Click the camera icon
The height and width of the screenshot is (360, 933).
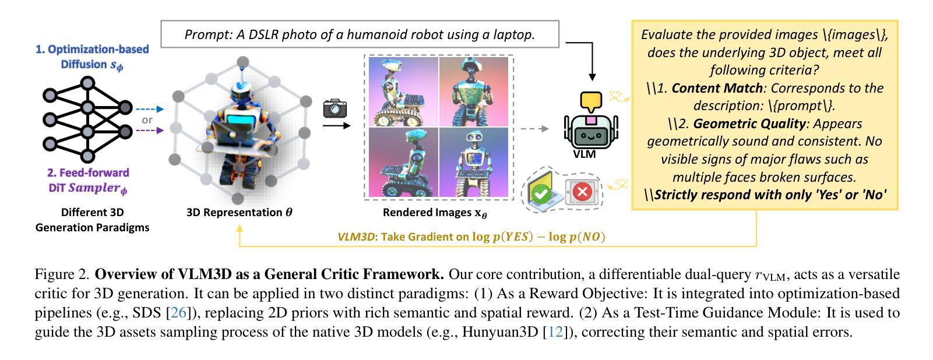[335, 108]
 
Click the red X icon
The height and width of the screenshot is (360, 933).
[582, 191]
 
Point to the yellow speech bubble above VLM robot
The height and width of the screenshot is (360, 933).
[591, 102]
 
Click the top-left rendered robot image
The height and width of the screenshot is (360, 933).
[403, 91]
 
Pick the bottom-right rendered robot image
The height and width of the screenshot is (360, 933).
[474, 163]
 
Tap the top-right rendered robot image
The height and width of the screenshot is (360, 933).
[474, 91]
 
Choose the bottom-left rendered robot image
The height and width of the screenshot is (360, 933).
[403, 163]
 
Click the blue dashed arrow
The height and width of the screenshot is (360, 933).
[150, 109]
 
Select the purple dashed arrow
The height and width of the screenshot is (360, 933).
[150, 130]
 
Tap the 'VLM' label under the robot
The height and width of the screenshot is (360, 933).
[585, 154]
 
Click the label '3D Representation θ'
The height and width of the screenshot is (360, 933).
[239, 213]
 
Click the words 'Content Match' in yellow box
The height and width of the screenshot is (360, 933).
[717, 89]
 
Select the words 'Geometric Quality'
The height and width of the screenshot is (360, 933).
[749, 124]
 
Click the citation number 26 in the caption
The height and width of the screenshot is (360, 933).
[178, 313]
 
